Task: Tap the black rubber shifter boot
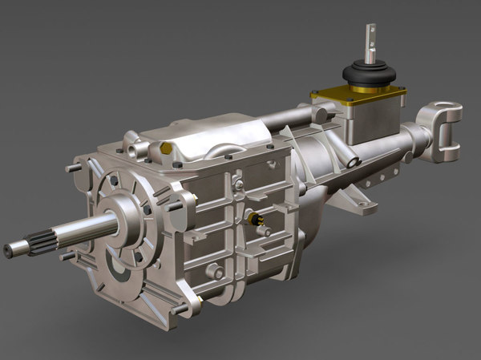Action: tap(370, 75)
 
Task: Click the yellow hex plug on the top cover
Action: tap(165, 148)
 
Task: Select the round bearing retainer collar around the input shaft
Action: tap(120, 216)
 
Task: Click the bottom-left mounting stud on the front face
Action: tap(68, 257)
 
